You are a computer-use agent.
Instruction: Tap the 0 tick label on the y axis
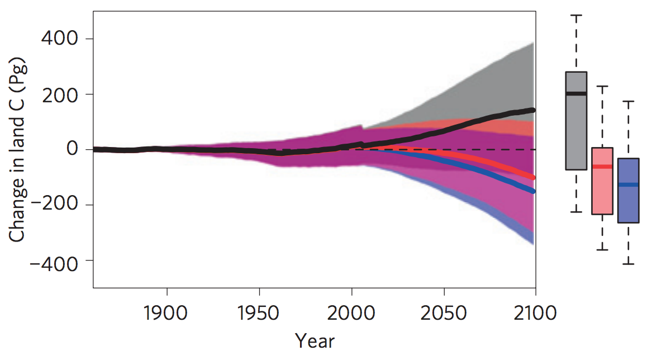tap(72, 150)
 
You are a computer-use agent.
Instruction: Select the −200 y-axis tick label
tap(54, 205)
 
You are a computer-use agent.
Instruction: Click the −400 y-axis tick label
tap(54, 261)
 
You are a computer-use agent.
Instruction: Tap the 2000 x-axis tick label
tap(351, 312)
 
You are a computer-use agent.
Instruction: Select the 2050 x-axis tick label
tap(444, 312)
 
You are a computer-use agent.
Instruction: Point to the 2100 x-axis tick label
tap(535, 312)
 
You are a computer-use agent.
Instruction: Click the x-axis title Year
tap(315, 340)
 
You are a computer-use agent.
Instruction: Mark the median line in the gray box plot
tap(576, 93)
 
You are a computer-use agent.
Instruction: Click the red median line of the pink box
tap(602, 167)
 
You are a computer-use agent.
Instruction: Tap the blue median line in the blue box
tap(629, 184)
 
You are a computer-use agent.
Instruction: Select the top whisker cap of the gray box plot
tap(576, 16)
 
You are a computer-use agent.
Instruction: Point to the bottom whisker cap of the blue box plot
tap(629, 264)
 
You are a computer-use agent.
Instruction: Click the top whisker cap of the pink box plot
tap(602, 87)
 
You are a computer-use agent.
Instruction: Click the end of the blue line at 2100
tap(533, 191)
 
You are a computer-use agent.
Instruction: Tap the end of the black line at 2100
tap(533, 110)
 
